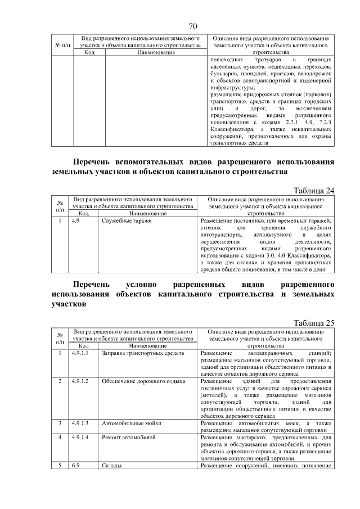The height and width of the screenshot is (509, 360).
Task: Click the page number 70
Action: [x=192, y=26]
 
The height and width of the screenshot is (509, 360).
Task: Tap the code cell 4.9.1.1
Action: [x=81, y=353]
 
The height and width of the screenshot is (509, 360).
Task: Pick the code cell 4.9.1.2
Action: [x=81, y=381]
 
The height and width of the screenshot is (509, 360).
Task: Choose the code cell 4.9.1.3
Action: [x=81, y=422]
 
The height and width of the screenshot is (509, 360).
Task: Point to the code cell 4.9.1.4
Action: [x=81, y=437]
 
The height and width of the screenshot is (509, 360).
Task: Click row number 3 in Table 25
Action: [x=60, y=422]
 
